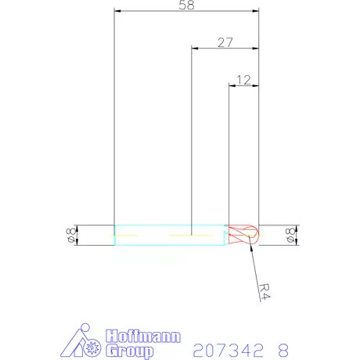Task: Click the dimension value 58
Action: [186, 5]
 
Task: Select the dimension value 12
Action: [243, 80]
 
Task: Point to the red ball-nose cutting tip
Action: [243, 235]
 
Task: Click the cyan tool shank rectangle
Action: [169, 235]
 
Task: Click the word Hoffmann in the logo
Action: [142, 336]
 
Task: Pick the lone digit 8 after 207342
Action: [283, 348]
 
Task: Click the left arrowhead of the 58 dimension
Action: [118, 12]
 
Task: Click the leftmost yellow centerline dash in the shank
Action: [127, 235]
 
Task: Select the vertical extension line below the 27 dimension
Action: [192, 141]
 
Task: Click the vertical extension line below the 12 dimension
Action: [228, 157]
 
